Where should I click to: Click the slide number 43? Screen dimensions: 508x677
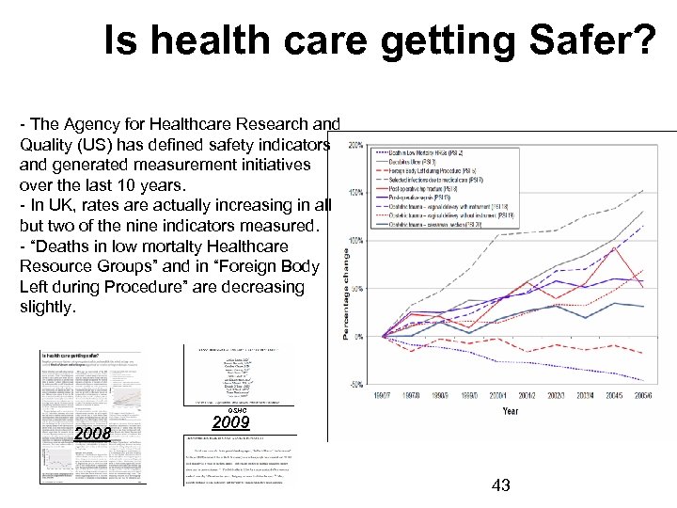[502, 485]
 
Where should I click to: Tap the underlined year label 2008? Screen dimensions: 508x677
[93, 434]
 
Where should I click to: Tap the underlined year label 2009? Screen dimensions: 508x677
[230, 422]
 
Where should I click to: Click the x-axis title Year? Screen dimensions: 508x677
[510, 411]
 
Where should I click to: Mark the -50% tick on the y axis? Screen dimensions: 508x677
[358, 384]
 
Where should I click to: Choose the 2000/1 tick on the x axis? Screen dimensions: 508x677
[504, 396]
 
